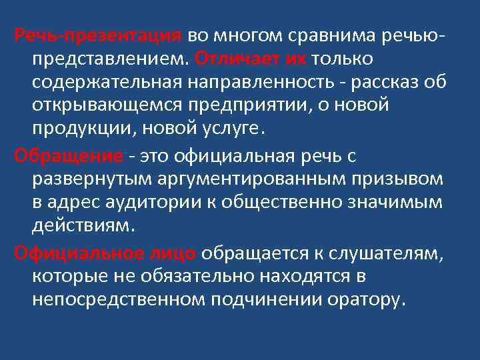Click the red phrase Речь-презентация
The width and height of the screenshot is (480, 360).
click(99, 35)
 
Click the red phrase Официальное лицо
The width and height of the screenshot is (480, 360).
click(105, 253)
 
